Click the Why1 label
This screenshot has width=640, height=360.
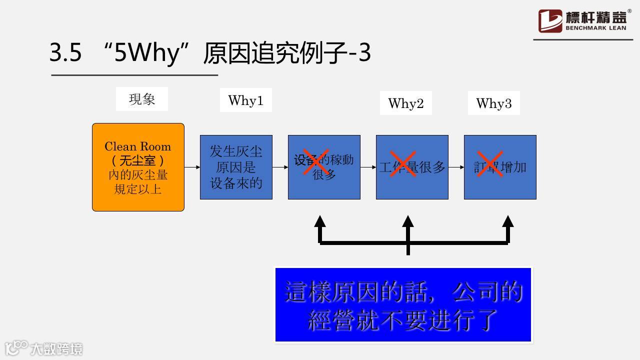[245, 100]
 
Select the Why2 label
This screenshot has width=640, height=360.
[405, 103]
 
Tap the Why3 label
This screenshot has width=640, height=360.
[493, 103]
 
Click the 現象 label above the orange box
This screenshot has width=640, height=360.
[141, 99]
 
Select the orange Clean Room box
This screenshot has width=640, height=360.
[138, 167]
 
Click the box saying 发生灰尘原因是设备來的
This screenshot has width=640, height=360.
[236, 167]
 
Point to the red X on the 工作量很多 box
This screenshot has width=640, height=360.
[403, 163]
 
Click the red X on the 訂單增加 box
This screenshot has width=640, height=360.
[489, 163]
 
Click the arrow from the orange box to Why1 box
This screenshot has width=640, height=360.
[192, 167]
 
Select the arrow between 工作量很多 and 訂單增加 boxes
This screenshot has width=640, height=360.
[456, 167]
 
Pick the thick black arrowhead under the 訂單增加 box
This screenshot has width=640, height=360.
[508, 222]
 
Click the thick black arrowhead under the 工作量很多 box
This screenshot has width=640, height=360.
[408, 222]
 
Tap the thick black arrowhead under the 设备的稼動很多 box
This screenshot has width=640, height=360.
[320, 222]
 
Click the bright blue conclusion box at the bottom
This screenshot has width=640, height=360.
[403, 305]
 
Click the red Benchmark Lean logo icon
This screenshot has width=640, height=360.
[550, 21]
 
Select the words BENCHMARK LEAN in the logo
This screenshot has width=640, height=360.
[596, 28]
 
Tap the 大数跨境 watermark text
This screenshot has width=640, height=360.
[56, 348]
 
